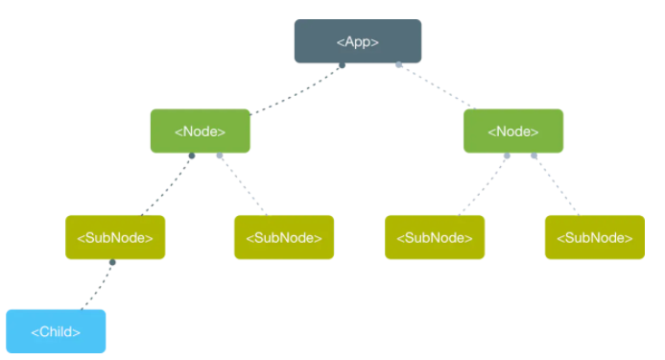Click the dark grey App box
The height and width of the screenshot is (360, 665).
coord(358,41)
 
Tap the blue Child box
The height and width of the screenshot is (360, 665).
coord(56,331)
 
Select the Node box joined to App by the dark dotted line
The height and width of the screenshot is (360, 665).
coord(201,131)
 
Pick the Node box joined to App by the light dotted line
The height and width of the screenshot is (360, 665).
coord(513,131)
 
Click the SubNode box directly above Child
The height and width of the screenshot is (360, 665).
coord(115,237)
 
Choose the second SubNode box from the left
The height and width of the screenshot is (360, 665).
coord(284,237)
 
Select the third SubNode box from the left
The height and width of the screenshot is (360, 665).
coord(435,237)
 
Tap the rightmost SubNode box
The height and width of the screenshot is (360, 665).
coord(595,237)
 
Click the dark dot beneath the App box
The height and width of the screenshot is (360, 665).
coord(342,65)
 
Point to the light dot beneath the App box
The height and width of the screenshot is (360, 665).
coord(398,64)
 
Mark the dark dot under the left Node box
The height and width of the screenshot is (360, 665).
coord(192,156)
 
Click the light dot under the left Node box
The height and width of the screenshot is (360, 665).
coord(220,156)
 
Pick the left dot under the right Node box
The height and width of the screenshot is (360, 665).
coord(507,156)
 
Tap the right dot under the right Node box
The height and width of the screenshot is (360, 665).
coord(534,156)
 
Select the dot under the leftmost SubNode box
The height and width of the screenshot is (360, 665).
coord(112,262)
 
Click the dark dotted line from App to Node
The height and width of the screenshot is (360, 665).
coord(296,90)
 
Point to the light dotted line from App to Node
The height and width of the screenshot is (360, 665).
coord(437,86)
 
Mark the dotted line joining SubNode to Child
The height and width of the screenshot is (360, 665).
coord(97,286)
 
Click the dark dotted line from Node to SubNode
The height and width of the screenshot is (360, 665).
coord(167,185)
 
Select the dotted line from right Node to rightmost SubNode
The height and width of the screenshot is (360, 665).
coord(557,185)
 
